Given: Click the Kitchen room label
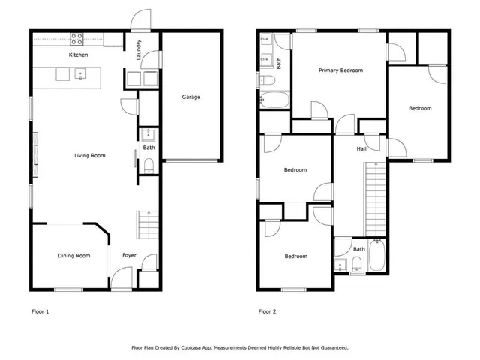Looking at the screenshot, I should (78, 55).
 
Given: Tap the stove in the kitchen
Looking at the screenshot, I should (78, 37).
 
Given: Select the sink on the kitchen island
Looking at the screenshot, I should (80, 73).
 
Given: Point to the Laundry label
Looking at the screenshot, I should (139, 49).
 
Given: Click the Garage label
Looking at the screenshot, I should (191, 97).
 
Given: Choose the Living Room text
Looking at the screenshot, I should (89, 156).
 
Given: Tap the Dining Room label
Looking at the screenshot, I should (73, 256).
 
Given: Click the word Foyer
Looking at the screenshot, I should (129, 256).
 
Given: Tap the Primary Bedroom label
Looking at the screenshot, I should (340, 70).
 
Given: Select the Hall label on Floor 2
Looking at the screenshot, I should (361, 149).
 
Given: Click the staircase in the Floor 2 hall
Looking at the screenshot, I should (375, 199).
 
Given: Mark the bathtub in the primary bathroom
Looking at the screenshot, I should (274, 100).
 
